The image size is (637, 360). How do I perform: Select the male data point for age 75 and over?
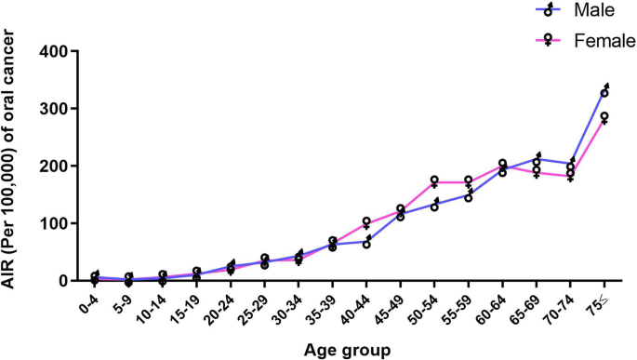[x=604, y=91]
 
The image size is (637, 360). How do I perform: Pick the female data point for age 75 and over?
[x=604, y=117]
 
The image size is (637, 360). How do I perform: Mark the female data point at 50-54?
[x=435, y=181]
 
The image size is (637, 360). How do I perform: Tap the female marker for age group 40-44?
[x=367, y=222]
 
